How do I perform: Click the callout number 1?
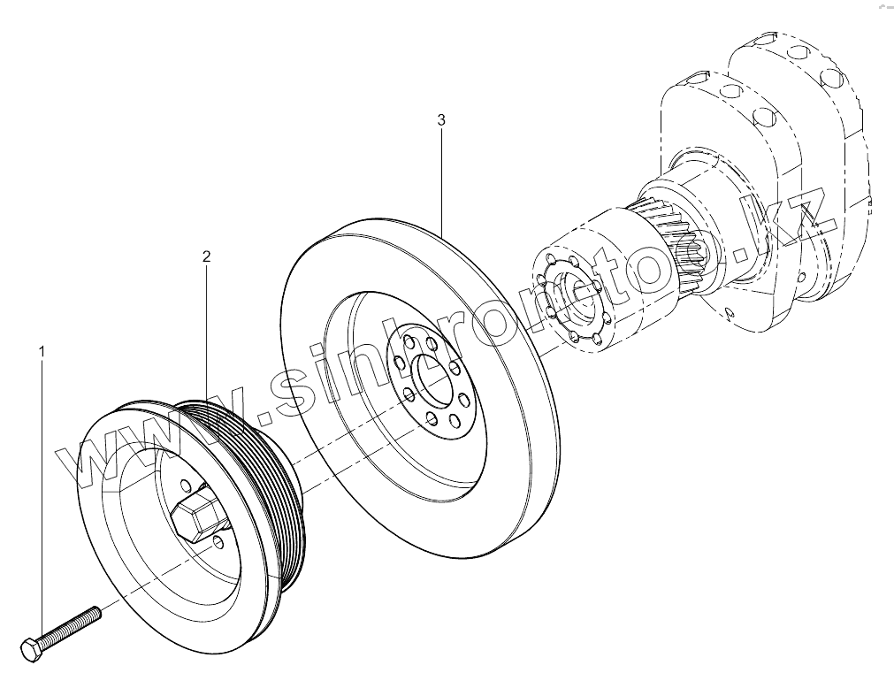tap(41, 352)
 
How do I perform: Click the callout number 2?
tap(206, 257)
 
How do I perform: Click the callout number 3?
tap(441, 120)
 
